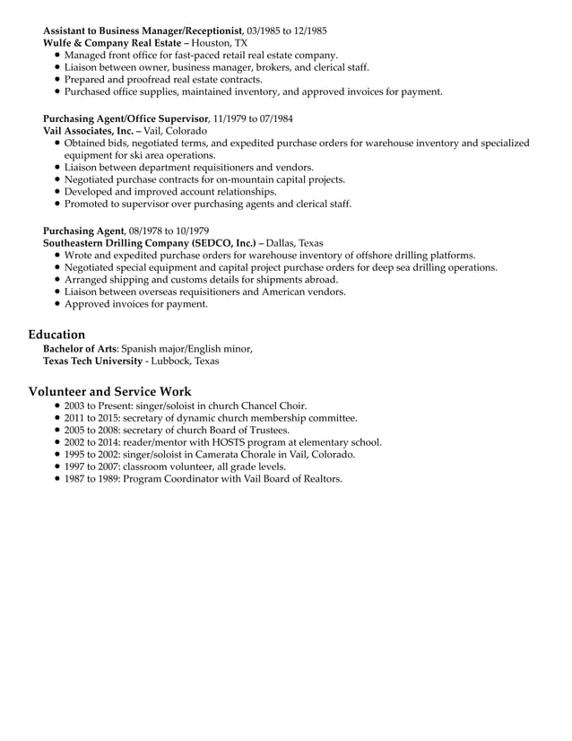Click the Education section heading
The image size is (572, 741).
[x=56, y=335]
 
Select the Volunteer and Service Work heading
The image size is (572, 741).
[x=109, y=391]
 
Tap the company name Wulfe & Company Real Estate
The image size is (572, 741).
[x=122, y=43]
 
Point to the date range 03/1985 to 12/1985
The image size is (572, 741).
[x=287, y=31]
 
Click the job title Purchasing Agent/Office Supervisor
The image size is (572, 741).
[x=126, y=118]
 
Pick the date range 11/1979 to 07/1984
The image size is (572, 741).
[x=253, y=118]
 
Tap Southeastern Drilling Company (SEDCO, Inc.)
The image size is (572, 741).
[x=149, y=242]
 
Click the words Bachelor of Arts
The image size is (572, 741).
[x=80, y=348]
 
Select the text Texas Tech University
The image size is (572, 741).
[x=92, y=361]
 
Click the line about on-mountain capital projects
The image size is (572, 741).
[x=204, y=179]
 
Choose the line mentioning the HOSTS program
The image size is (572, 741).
[x=223, y=441]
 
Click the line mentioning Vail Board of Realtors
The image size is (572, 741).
[x=204, y=479]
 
